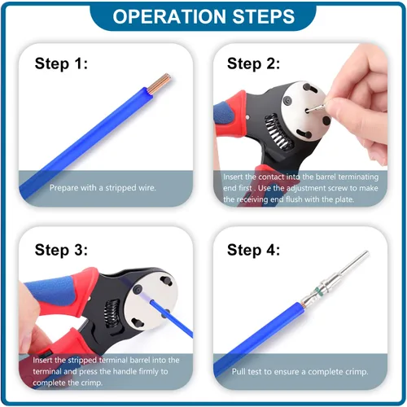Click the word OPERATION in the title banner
point(169,16)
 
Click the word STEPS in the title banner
point(264,16)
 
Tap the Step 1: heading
point(61,63)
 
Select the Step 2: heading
point(253,63)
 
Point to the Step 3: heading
point(61,250)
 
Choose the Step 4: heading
point(253,250)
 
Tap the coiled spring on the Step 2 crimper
point(278,132)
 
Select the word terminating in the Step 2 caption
point(358,177)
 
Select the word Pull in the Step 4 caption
point(239,371)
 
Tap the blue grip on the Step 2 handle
point(224,114)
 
